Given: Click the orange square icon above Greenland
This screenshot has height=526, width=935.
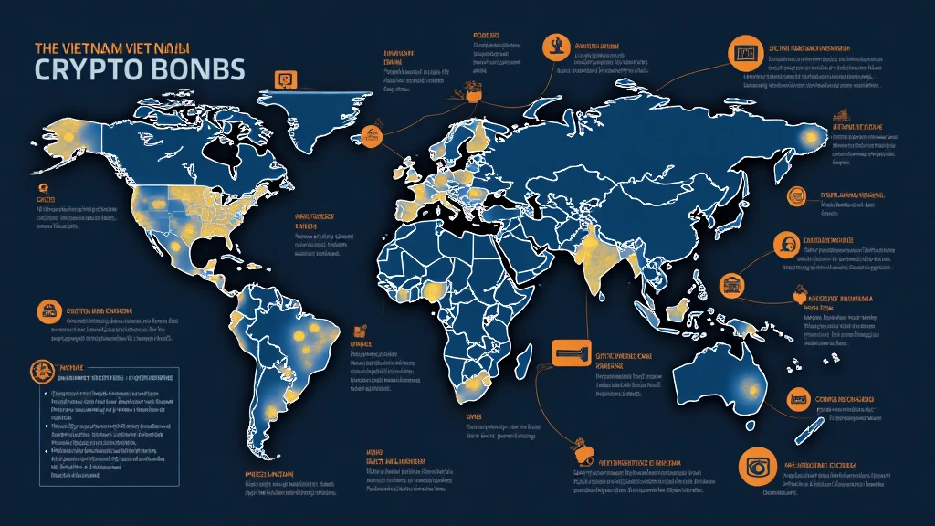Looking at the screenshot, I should pos(286,80).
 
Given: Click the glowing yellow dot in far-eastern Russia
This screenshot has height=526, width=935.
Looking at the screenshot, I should pos(809,137).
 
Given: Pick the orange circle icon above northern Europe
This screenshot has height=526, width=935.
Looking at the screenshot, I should pos(554,45).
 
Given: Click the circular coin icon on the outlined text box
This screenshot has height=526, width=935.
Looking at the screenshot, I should pos(41,370).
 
